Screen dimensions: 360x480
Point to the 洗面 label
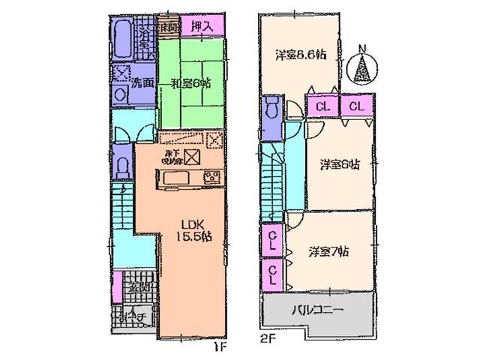pyautogui.click(x=144, y=83)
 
